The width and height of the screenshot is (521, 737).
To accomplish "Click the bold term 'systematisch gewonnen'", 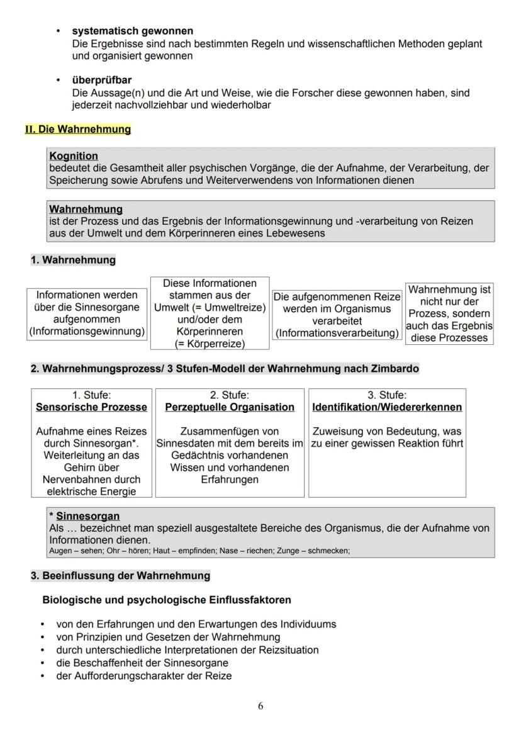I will pos(132,31).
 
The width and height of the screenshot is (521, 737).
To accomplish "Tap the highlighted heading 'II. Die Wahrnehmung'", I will pos(78,129).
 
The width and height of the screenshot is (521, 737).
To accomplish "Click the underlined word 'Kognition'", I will pos(74,155).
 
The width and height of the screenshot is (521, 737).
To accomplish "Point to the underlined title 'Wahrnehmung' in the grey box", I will pos(86,209).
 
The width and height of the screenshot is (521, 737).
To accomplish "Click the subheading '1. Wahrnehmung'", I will pos(73,260).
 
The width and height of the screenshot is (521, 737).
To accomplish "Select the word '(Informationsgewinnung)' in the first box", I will pos(87,331).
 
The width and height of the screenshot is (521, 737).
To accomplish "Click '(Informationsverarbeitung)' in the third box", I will pos(337,333).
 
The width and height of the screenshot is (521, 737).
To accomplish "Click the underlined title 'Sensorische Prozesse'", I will pos(91,407).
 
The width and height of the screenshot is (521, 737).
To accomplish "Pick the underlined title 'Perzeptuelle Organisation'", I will pos(230,407).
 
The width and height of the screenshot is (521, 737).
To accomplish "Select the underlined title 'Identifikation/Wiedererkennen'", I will pos(387,407).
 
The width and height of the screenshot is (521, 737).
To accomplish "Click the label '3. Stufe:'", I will pos(387,395).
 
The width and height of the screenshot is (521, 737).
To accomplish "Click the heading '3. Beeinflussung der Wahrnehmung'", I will pos(120,576).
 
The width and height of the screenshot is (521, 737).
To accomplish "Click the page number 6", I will pos(260,706).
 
